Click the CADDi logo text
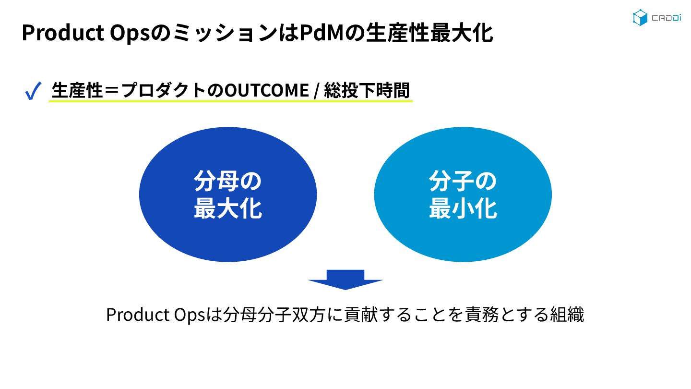(665, 18)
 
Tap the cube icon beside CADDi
(640, 17)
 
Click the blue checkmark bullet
(32, 91)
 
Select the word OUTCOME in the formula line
(267, 90)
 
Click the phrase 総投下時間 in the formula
(367, 90)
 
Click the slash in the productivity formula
(316, 91)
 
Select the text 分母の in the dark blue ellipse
(228, 182)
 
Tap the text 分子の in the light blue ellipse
(463, 182)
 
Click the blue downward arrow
(345, 280)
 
